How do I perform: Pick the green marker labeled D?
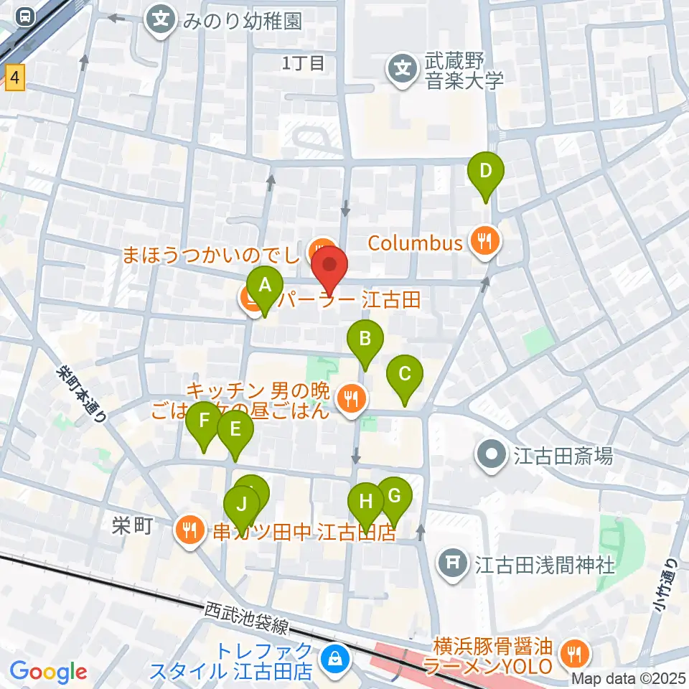(x=486, y=172)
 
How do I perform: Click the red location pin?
(x=329, y=265)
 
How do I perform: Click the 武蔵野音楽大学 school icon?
(x=403, y=70)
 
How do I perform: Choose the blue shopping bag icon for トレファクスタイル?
(x=334, y=658)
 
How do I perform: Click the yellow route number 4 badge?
(x=15, y=78)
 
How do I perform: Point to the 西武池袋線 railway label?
(x=246, y=618)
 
